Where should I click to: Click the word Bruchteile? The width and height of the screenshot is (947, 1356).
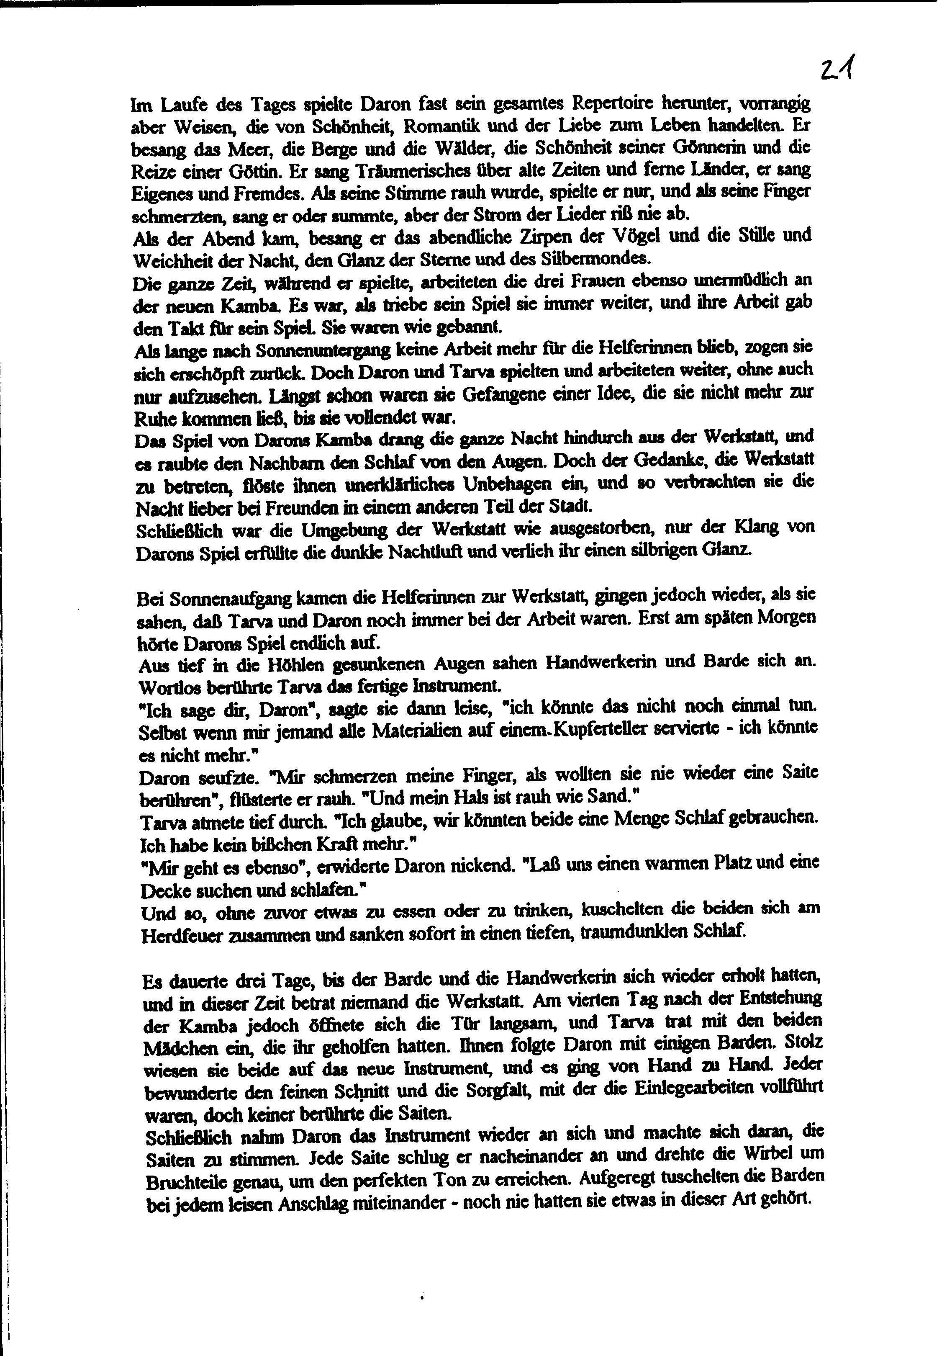pos(192,1182)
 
